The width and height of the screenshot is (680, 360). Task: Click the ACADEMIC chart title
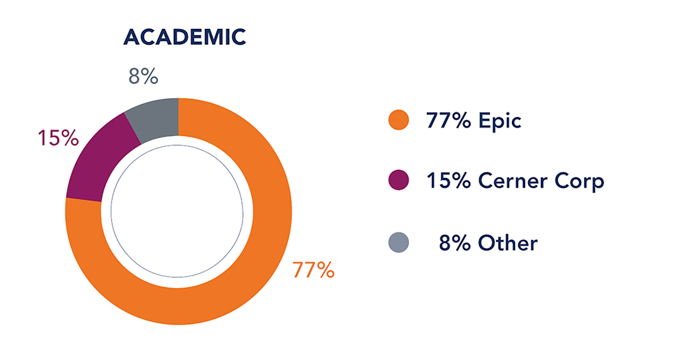click(x=184, y=37)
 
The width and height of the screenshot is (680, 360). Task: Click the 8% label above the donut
click(x=143, y=77)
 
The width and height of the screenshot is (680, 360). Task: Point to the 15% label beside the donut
click(x=57, y=138)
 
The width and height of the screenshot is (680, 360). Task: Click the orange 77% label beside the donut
click(x=313, y=270)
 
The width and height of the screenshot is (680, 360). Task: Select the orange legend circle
click(x=399, y=120)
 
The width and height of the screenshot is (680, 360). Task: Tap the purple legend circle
click(x=399, y=181)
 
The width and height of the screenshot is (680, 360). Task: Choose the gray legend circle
click(x=399, y=242)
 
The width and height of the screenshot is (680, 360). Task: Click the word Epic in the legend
click(x=500, y=120)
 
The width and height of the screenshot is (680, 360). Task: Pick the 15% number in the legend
click(x=448, y=181)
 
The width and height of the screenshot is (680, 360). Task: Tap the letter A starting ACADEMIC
click(x=131, y=37)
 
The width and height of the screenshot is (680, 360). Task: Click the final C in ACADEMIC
click(x=239, y=37)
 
